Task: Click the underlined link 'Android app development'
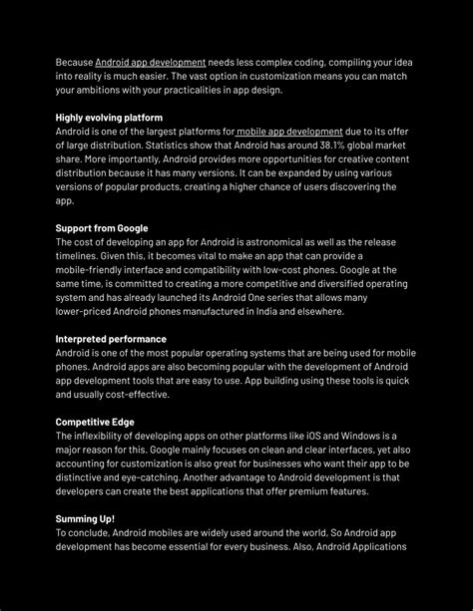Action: click(x=150, y=63)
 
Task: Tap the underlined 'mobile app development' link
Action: click(x=289, y=132)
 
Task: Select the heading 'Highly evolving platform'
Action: click(x=109, y=118)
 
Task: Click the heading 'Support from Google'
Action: click(x=102, y=228)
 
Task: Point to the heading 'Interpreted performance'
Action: click(x=111, y=339)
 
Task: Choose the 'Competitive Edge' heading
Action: click(x=96, y=422)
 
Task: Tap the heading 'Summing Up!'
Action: click(x=85, y=518)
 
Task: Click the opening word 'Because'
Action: click(x=74, y=63)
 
